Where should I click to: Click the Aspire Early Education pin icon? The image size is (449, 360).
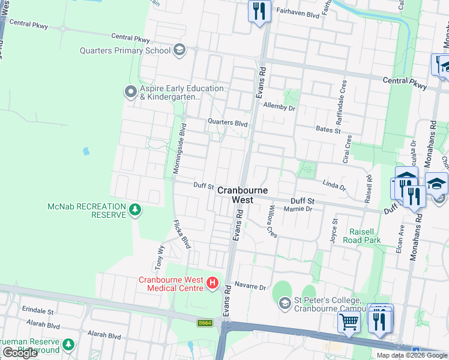click(x=130, y=92)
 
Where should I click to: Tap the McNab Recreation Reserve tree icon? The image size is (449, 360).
click(x=136, y=209)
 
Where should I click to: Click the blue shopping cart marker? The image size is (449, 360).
click(x=349, y=321)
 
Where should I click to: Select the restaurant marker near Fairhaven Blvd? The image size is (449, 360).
click(x=259, y=11)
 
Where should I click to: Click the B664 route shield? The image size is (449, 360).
click(x=204, y=323)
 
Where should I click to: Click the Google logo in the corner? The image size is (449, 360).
click(x=20, y=352)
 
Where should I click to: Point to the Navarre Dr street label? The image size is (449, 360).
click(x=250, y=286)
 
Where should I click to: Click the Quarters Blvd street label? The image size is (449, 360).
click(x=228, y=123)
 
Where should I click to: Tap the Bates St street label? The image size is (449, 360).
click(x=328, y=129)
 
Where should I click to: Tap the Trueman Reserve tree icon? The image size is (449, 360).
click(x=69, y=344)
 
